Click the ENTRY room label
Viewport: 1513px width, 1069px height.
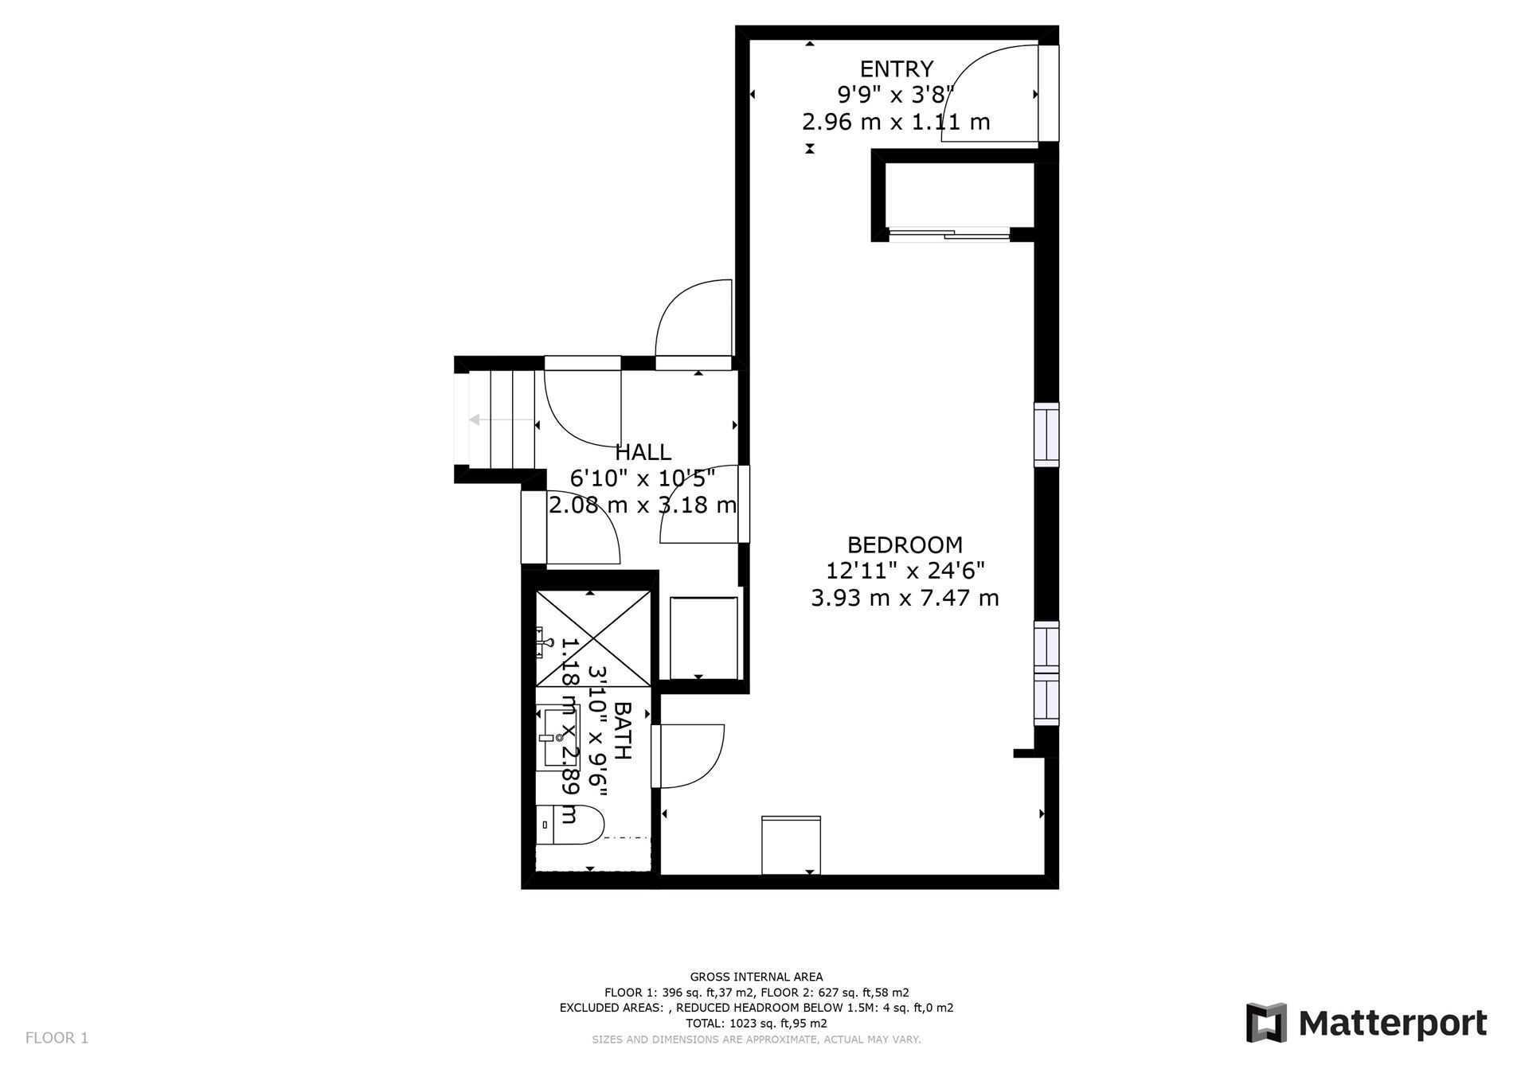point(896,69)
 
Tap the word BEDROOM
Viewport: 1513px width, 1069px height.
point(905,545)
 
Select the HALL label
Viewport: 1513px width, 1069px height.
point(643,452)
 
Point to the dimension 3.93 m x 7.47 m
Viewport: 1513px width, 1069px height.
point(905,598)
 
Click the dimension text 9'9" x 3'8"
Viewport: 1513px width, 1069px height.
point(895,96)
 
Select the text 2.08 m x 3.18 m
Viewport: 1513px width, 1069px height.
point(642,505)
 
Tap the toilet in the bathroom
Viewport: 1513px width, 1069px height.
point(570,824)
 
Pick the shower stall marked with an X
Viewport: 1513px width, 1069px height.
point(592,638)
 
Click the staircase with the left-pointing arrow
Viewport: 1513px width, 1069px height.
point(500,419)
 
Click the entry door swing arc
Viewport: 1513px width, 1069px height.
point(987,93)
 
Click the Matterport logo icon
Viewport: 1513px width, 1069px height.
point(1266,1022)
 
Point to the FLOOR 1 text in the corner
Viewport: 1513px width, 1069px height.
point(57,1038)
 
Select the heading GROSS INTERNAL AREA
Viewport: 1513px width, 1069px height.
point(756,977)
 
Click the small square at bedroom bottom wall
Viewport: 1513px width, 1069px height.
point(791,845)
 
